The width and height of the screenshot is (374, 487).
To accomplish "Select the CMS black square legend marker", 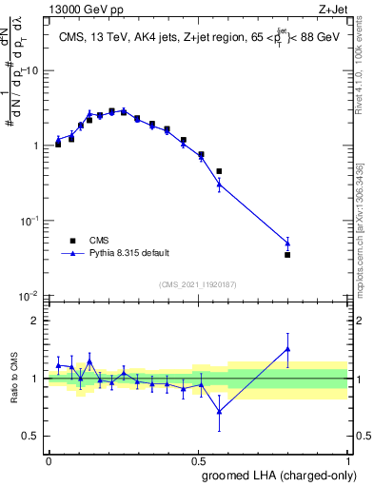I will (x=71, y=240).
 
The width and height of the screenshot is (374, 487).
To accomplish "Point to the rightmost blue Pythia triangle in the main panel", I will (x=287, y=243).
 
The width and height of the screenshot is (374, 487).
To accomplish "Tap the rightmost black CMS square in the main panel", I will (x=287, y=255).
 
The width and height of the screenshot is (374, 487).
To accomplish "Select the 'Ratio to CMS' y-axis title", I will (x=12, y=395).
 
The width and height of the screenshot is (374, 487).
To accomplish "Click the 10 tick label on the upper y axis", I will (x=32, y=71).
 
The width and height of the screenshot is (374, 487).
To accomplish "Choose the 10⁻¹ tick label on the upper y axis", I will (x=30, y=221).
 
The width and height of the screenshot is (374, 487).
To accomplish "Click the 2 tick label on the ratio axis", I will (x=36, y=321).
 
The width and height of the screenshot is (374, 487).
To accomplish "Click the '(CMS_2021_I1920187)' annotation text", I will (x=198, y=284).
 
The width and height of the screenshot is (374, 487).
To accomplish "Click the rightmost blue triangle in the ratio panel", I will (x=287, y=349).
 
